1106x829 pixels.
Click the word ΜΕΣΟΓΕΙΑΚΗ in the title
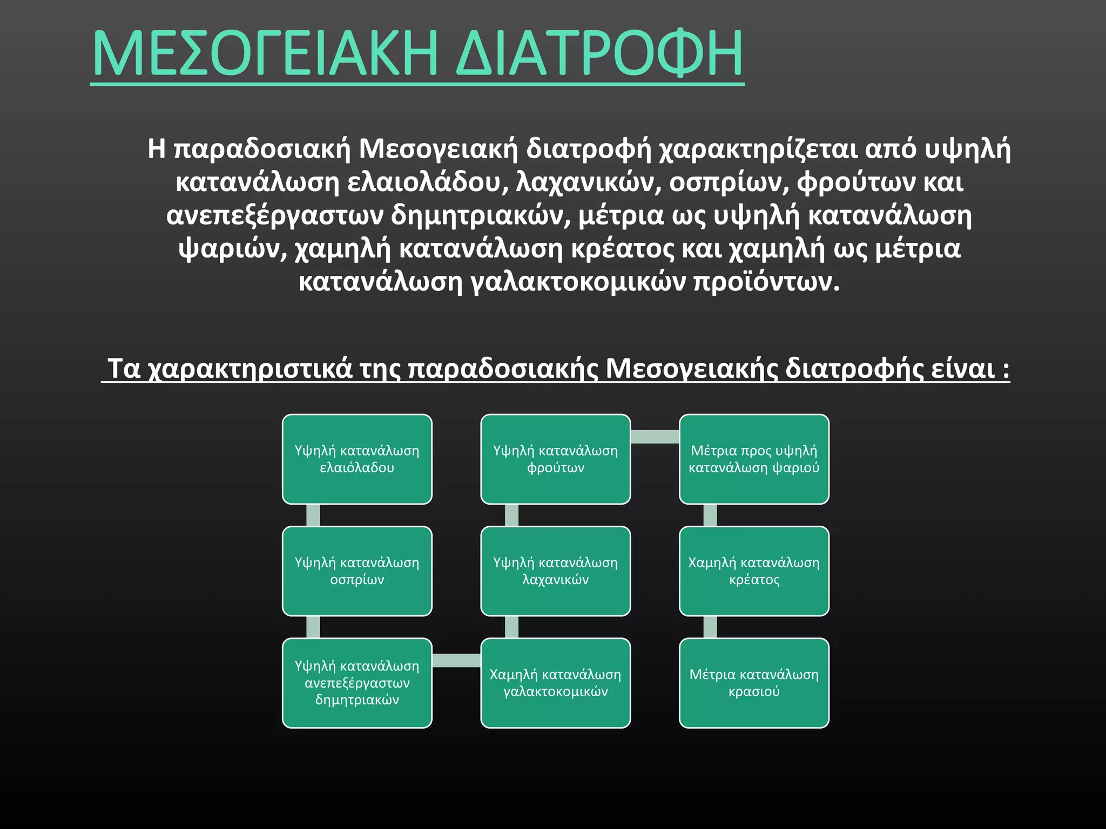pyautogui.click(x=265, y=54)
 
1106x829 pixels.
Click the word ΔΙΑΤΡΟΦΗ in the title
pyautogui.click(x=599, y=54)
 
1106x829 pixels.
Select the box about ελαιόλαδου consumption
pyautogui.click(x=357, y=459)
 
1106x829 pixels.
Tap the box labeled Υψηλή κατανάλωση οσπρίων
pyautogui.click(x=357, y=571)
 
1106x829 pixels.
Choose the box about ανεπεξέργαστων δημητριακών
pyautogui.click(x=357, y=683)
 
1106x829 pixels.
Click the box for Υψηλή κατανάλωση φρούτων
pyautogui.click(x=555, y=459)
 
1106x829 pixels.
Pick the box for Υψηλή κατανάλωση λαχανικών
pyautogui.click(x=555, y=571)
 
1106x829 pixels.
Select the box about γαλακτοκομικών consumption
pyautogui.click(x=555, y=683)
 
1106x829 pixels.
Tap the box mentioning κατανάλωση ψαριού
pyautogui.click(x=754, y=459)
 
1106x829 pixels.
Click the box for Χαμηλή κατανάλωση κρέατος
pyautogui.click(x=754, y=571)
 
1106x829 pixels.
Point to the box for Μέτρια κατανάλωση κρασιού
pyautogui.click(x=754, y=683)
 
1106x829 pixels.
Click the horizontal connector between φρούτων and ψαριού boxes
pyautogui.click(x=655, y=437)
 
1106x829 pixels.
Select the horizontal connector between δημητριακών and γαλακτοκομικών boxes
pyautogui.click(x=456, y=660)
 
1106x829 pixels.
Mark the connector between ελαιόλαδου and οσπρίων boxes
pyautogui.click(x=313, y=515)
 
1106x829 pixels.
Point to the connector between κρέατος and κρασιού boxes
pyautogui.click(x=710, y=627)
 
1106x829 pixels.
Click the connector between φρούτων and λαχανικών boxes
pyautogui.click(x=511, y=515)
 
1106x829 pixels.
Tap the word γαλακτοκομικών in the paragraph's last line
pyautogui.click(x=578, y=282)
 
